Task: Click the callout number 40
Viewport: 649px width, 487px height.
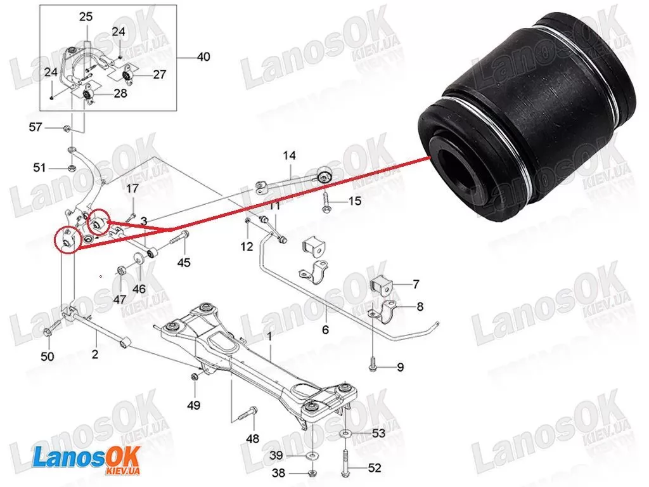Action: point(203,56)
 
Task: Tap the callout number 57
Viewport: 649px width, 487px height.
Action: point(35,127)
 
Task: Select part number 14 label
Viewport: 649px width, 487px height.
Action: point(289,156)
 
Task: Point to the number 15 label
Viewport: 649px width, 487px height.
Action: point(355,201)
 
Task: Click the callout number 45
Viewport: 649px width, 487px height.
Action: point(184,262)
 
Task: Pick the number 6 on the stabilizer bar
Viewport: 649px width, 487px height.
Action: point(325,330)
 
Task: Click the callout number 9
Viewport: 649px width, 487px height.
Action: point(401,367)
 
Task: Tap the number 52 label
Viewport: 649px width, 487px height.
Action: point(375,468)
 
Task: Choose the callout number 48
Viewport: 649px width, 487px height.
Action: point(252,438)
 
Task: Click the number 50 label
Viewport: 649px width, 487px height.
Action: point(47,356)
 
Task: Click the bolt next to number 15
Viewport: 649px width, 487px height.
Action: point(324,201)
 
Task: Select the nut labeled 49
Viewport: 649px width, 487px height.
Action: point(194,377)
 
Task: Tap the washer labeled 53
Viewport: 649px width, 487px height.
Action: point(345,434)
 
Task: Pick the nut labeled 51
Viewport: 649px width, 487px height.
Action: point(71,168)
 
